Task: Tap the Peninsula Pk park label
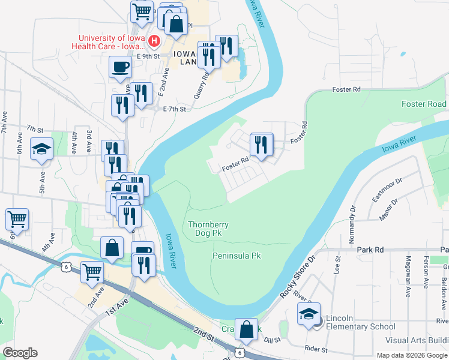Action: point(237,256)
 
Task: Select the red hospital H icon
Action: point(154,41)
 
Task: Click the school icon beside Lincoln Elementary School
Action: point(309,314)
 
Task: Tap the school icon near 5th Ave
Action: point(41,149)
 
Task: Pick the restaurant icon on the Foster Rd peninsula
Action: point(261,144)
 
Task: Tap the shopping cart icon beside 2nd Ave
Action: point(92,271)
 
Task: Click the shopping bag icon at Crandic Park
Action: point(246,329)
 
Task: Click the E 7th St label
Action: point(175,109)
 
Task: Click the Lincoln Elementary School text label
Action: point(361,326)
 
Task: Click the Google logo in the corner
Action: point(19,353)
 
